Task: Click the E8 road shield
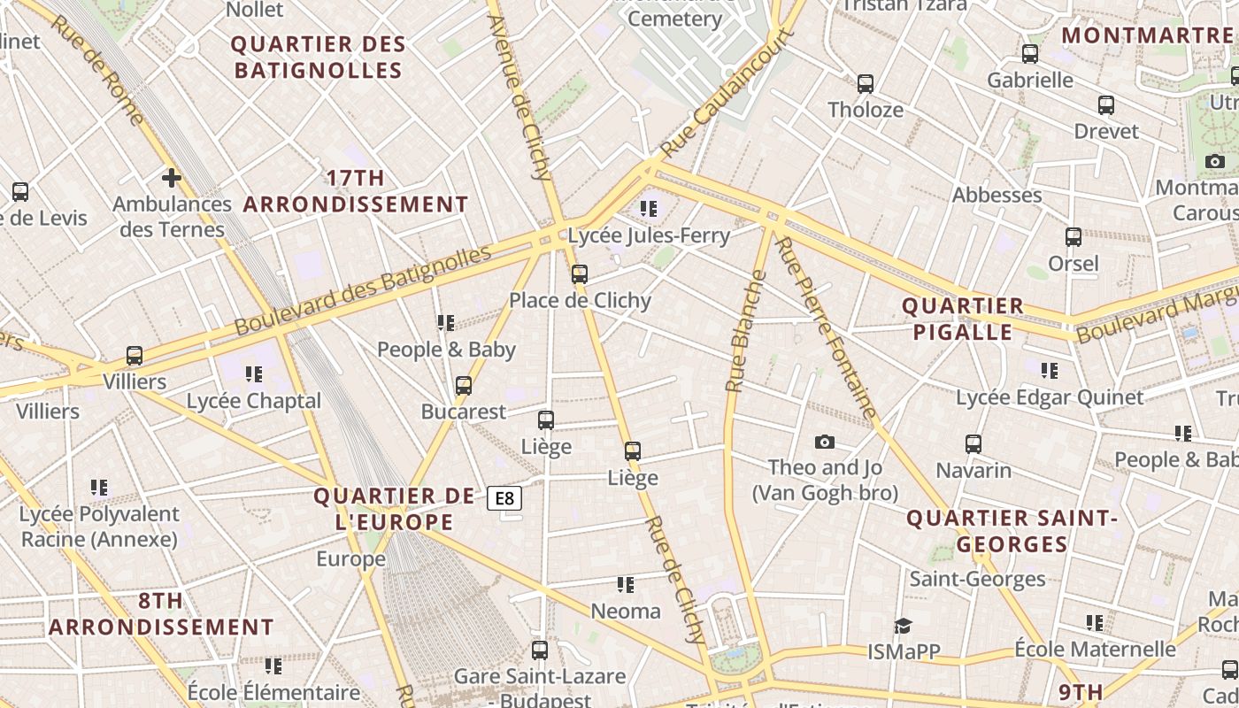[x=504, y=498]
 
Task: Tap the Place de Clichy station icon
[x=580, y=274]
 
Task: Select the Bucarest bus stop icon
[x=464, y=386]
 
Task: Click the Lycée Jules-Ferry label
[x=649, y=235]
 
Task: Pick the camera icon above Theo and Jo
[x=825, y=442]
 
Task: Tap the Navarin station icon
[x=973, y=444]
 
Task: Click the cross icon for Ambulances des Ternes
[x=172, y=178]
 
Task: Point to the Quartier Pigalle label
[x=962, y=319]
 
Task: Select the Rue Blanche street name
[x=746, y=331]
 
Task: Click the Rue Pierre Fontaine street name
[x=826, y=327]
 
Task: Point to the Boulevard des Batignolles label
[x=363, y=290]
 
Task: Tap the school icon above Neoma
[x=626, y=585]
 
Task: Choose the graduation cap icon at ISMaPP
[x=903, y=626]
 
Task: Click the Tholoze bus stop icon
[x=866, y=84]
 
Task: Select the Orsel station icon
[x=1074, y=237]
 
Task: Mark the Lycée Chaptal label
[x=254, y=401]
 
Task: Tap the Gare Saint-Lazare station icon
[x=540, y=650]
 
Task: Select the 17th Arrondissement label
[x=356, y=191]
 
